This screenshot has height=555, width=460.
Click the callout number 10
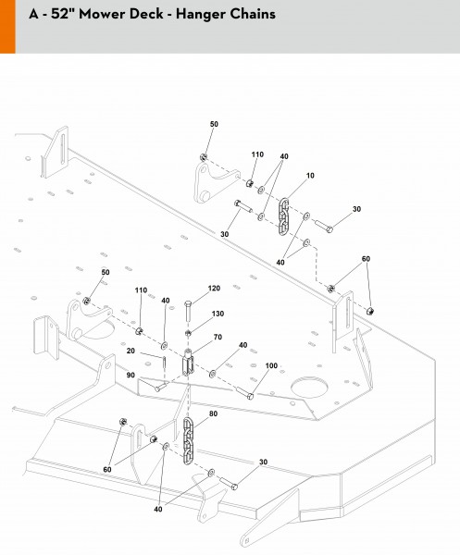310,176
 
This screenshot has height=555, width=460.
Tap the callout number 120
214,289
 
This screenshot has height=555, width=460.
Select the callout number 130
218,314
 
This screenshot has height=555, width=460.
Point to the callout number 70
218,337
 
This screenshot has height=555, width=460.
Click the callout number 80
213,413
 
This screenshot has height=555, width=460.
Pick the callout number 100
271,365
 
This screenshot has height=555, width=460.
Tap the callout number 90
131,375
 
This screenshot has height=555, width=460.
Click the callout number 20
131,351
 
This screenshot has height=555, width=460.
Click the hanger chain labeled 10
283,216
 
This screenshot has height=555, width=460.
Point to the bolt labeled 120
188,311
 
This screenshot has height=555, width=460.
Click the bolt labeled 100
244,392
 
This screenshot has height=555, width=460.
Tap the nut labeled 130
189,333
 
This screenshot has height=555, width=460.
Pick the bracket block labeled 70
188,363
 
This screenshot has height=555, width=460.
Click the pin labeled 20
165,362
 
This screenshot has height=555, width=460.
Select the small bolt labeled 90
160,387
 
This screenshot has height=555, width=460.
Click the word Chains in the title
253,14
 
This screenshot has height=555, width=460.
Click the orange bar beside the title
7,27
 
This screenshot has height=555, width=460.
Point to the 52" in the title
63,14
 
